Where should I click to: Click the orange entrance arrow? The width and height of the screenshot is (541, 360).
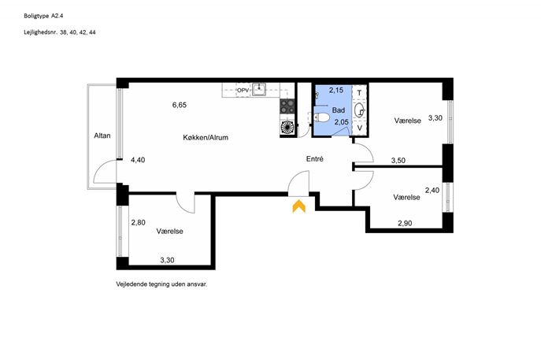click(298, 206)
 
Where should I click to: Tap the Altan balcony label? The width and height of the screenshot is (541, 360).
click(102, 135)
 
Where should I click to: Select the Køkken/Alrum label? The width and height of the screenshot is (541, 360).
click(206, 137)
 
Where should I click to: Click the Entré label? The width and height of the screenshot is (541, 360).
click(315, 159)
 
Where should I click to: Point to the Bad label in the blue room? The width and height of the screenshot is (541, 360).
click(339, 110)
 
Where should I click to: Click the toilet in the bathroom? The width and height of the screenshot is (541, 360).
click(321, 117)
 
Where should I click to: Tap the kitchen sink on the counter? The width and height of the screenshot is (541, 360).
click(258, 89)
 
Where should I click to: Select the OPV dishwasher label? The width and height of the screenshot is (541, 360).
click(243, 91)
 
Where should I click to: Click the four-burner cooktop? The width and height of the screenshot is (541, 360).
click(287, 106)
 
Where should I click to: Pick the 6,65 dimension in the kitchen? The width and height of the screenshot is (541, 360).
click(180, 105)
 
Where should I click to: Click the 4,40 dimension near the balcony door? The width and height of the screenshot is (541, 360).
click(138, 160)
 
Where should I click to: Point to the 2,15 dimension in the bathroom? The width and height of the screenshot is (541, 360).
click(336, 91)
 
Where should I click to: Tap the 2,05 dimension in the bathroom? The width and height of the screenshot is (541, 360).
click(341, 122)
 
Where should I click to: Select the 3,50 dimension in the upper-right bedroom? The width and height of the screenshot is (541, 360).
click(398, 161)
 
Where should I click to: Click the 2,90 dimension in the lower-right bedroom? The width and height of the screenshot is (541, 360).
click(405, 223)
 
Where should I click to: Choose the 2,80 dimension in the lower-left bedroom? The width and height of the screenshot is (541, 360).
click(138, 223)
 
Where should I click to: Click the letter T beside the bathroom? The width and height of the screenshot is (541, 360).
click(359, 93)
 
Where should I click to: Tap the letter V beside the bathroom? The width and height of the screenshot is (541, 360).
click(360, 128)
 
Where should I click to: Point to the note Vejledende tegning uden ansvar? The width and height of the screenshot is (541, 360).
click(161, 284)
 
